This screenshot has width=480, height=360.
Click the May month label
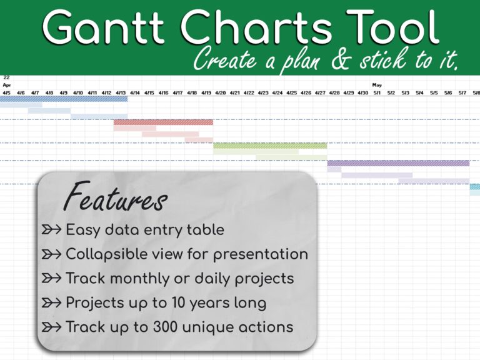click(377, 85)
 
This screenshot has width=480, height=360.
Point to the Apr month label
click(7, 85)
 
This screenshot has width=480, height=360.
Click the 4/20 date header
click(221, 93)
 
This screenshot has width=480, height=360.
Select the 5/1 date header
click(377, 93)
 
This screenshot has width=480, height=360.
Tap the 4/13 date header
click(121, 93)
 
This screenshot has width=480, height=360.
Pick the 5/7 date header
click(462, 93)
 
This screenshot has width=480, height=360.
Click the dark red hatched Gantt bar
click(163, 122)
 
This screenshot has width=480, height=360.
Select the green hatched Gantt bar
click(270, 146)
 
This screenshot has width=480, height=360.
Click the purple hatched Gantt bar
click(398, 163)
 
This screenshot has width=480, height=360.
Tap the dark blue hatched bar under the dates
click(63, 99)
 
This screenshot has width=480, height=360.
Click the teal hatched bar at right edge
click(475, 186)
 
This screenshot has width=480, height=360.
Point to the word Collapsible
click(106, 254)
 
